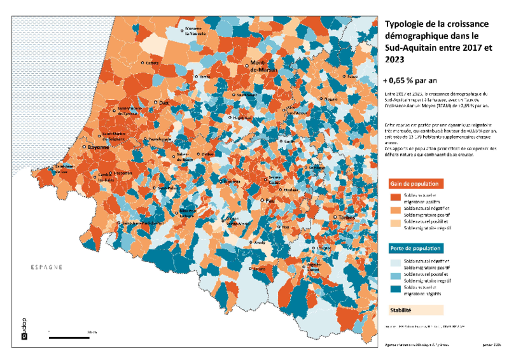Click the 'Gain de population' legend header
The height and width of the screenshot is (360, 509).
412,183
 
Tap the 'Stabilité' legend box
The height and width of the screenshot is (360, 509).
414,311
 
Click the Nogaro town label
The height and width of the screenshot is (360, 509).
330,99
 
